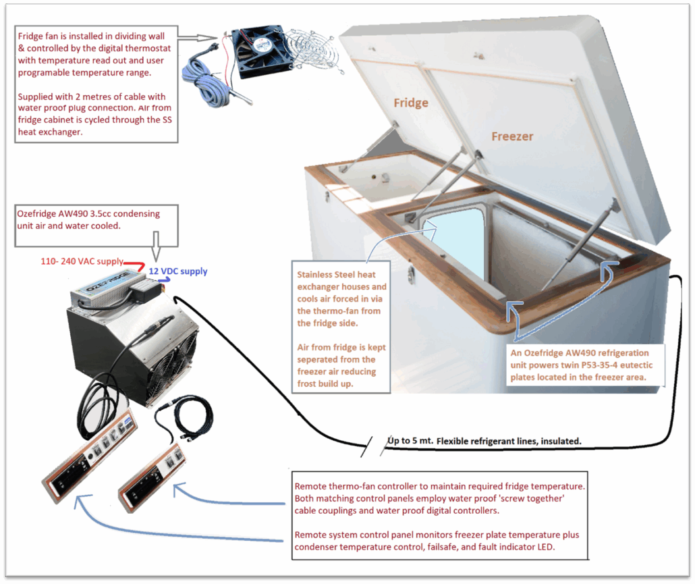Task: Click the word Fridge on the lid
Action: pyautogui.click(x=411, y=103)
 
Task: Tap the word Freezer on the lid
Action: pyautogui.click(x=512, y=136)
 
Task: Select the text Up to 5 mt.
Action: pyautogui.click(x=411, y=442)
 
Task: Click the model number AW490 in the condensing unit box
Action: pyautogui.click(x=74, y=214)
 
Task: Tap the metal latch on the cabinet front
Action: pyautogui.click(x=411, y=274)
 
